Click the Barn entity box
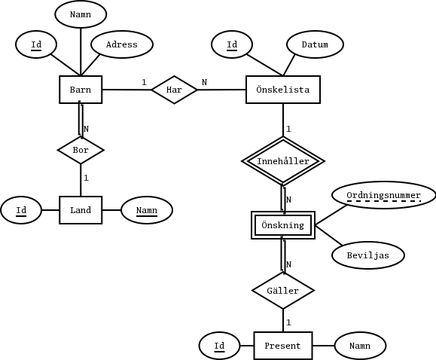(x=81, y=90)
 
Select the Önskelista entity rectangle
(x=282, y=90)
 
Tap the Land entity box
(x=81, y=210)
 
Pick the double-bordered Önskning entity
(x=282, y=225)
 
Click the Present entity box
(x=282, y=346)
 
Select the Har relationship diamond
(x=174, y=90)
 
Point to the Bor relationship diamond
(x=81, y=150)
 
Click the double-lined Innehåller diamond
(x=282, y=160)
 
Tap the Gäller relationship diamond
(x=282, y=290)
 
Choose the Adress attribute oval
(x=122, y=44)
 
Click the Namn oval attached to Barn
(x=81, y=14)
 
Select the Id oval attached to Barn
(x=36, y=44)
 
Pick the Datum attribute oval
(x=315, y=44)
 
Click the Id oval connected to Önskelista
(x=232, y=44)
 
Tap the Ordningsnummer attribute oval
(x=383, y=195)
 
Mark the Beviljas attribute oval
(x=367, y=255)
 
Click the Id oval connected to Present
(x=219, y=346)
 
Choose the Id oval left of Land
(x=21, y=210)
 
